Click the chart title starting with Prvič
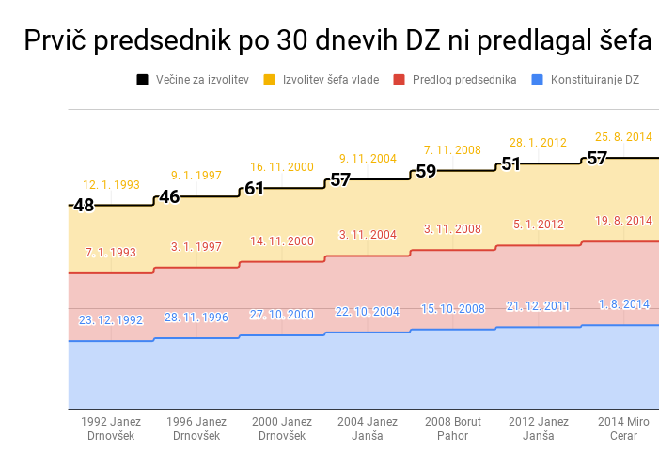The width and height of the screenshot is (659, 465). coord(337,40)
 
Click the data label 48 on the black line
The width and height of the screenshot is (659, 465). coord(84,205)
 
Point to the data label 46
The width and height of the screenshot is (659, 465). coord(169,196)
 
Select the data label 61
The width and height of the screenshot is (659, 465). coord(255,188)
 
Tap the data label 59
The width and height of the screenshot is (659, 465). coord(426,171)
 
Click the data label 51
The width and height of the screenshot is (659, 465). coord(510,163)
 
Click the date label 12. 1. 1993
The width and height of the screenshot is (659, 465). coord(110,185)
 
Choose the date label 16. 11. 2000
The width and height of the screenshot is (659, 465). coord(281,167)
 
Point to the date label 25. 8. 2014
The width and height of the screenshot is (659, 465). coord(623,137)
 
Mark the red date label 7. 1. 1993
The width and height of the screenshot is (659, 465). coord(110,253)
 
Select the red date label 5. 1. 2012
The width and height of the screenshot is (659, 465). coord(538,225)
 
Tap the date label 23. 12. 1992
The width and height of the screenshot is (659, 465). coord(110,320)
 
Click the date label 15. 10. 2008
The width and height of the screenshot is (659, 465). coord(452,309)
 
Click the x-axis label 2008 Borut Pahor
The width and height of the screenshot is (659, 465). coord(452,428)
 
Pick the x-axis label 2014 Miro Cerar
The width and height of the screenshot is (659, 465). coord(623,428)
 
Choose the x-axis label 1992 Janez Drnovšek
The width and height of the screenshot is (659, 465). coord(110,428)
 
